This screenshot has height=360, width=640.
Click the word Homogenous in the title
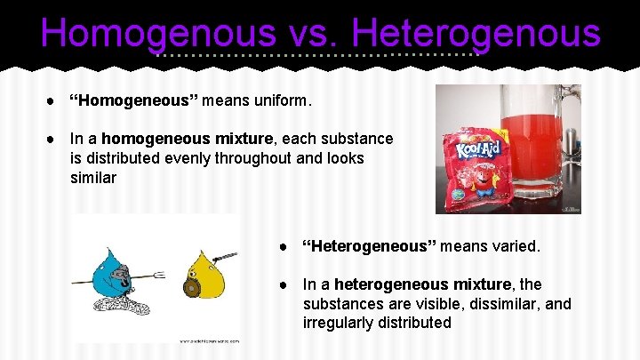(x=157, y=34)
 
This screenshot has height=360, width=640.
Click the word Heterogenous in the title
(x=476, y=34)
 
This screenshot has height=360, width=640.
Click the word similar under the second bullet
(x=93, y=178)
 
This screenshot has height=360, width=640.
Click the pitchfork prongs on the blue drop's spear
(x=159, y=275)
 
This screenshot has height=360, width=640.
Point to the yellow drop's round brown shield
(x=189, y=289)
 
